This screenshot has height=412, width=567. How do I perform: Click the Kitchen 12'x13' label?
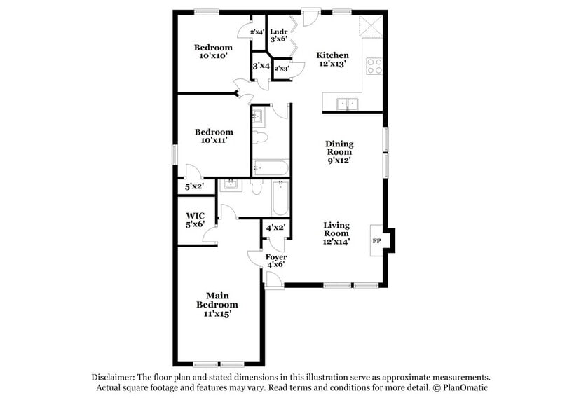[332, 60]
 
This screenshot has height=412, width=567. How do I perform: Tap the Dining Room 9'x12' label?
[339, 151]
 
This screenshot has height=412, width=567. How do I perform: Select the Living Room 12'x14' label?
[336, 233]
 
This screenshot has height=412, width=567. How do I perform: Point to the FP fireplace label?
[376, 241]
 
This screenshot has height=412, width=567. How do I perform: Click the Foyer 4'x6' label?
[276, 261]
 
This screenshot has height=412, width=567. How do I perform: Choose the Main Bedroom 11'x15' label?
[217, 305]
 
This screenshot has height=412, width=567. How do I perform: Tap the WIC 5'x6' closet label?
[196, 220]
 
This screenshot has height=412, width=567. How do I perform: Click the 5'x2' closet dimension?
[194, 187]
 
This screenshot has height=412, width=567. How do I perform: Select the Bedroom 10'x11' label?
[214, 136]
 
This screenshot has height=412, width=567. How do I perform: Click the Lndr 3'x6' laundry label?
[278, 35]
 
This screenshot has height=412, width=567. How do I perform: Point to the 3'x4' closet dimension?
[261, 66]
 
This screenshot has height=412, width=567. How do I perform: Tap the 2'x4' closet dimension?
[257, 32]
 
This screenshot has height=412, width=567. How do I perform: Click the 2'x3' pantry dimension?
[282, 69]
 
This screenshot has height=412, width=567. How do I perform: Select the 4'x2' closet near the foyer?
[275, 228]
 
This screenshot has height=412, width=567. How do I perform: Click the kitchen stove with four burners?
[374, 66]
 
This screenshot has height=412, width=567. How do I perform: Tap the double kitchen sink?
[347, 104]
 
